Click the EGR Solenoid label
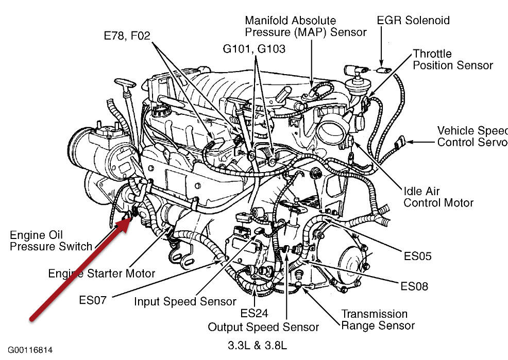tap(413, 21)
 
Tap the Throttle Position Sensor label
tap(452, 59)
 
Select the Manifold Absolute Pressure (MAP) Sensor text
tap(306, 26)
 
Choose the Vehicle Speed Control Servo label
tap(471, 136)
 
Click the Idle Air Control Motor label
tap(438, 197)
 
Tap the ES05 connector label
tap(418, 256)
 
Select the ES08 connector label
tap(414, 285)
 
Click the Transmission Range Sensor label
tap(378, 319)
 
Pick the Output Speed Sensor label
tap(263, 327)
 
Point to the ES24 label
tap(254, 313)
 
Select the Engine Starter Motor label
tap(101, 273)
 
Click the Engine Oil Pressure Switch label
tap(50, 241)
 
